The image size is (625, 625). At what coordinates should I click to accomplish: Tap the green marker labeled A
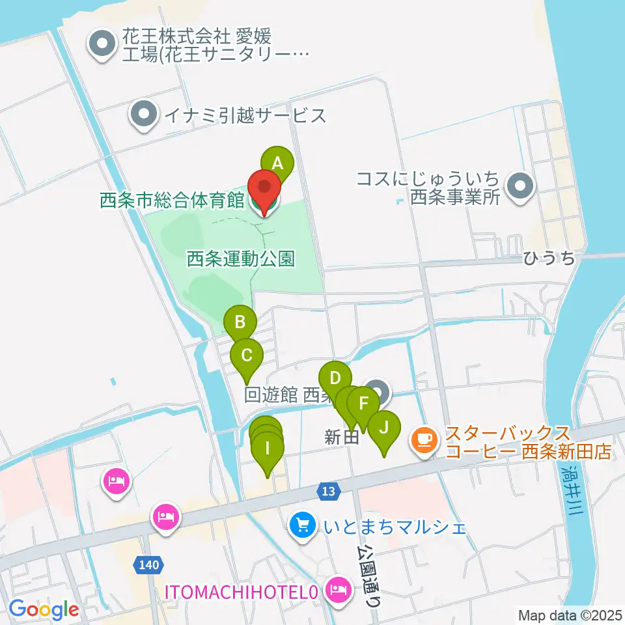point(278,163)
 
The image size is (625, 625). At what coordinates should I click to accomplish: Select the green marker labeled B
point(240,322)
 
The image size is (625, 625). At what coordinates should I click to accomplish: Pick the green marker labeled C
point(247,356)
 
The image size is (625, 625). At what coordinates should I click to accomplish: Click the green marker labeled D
point(335,378)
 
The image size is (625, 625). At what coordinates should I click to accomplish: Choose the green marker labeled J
point(384,428)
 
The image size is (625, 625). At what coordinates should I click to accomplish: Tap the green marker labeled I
point(268,449)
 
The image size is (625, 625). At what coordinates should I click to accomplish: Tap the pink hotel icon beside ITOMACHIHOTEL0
point(337,590)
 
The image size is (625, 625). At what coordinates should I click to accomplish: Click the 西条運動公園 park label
point(241,259)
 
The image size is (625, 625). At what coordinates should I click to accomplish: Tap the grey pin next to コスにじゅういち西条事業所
point(520,187)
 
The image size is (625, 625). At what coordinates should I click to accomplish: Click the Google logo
point(44,609)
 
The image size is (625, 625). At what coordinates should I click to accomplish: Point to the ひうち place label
point(549,258)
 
